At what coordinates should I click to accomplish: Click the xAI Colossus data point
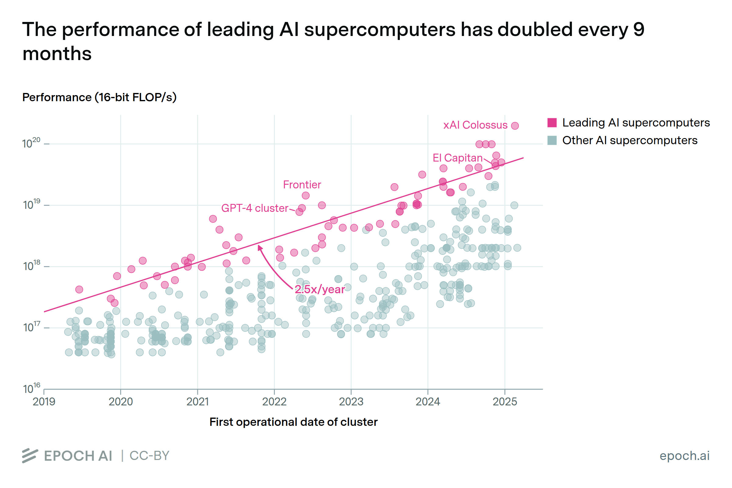pyautogui.click(x=515, y=126)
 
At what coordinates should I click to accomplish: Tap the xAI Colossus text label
pyautogui.click(x=475, y=125)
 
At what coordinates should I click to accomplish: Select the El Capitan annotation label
pyautogui.click(x=457, y=158)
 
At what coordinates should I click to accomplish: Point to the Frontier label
pyautogui.click(x=302, y=185)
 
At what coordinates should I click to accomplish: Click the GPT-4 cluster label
pyautogui.click(x=255, y=208)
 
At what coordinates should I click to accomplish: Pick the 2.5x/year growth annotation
pyautogui.click(x=320, y=290)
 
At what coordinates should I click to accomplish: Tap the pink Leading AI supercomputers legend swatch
pyautogui.click(x=552, y=123)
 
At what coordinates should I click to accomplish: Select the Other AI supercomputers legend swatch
pyautogui.click(x=552, y=140)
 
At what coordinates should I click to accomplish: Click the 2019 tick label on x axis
pyautogui.click(x=44, y=402)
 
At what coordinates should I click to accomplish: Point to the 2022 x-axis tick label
pyautogui.click(x=274, y=402)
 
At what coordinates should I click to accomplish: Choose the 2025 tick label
pyautogui.click(x=504, y=402)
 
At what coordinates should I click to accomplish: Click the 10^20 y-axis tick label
pyautogui.click(x=31, y=143)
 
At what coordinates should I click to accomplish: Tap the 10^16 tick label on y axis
pyautogui.click(x=31, y=388)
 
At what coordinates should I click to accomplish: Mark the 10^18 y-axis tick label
pyautogui.click(x=31, y=266)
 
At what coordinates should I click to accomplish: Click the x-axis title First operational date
pyautogui.click(x=293, y=422)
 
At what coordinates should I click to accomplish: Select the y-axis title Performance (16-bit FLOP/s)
pyautogui.click(x=99, y=98)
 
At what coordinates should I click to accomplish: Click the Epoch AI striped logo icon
pyautogui.click(x=30, y=456)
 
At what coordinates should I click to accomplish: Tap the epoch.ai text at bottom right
pyautogui.click(x=684, y=456)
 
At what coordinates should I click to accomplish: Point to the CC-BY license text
pyautogui.click(x=149, y=456)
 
